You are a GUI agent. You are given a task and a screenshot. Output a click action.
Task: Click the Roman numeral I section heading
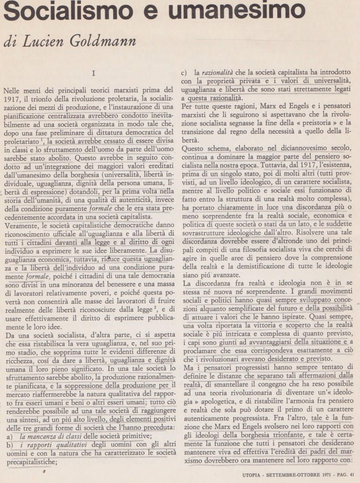tap(93, 74)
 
